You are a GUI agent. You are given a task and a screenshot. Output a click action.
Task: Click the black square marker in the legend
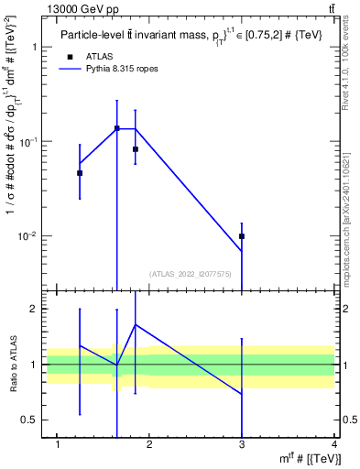click(x=70, y=57)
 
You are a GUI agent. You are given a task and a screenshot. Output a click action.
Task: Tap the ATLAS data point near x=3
click(x=242, y=236)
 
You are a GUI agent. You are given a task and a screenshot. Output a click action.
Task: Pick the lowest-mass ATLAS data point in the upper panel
click(x=80, y=173)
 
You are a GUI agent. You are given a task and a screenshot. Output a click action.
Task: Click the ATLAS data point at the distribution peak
click(x=117, y=128)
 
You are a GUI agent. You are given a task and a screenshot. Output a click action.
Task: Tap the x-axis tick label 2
click(x=150, y=445)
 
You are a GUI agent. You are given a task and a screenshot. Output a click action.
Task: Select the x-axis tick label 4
click(x=334, y=445)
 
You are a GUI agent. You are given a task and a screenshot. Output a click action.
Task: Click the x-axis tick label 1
click(x=58, y=445)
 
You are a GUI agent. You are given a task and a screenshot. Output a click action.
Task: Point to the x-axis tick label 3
click(x=242, y=445)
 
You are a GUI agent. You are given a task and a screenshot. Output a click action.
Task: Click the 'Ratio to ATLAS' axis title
click(x=12, y=364)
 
